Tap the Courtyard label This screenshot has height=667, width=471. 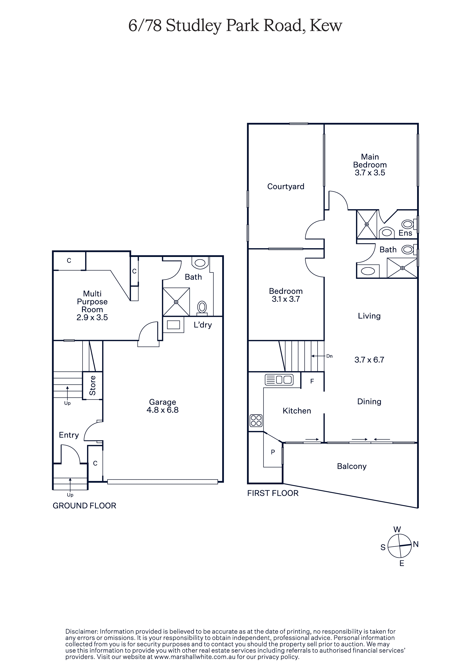tap(286, 187)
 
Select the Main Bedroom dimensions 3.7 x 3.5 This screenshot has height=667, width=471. tap(370, 173)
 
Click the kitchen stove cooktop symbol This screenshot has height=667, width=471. tap(256, 420)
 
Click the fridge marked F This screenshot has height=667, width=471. tap(312, 381)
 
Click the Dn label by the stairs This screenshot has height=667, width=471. tap(329, 356)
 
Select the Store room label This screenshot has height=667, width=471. tap(93, 386)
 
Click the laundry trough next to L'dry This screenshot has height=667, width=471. tap(173, 324)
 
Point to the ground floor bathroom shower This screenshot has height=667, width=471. tap(176, 302)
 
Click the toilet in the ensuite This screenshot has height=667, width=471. tap(408, 224)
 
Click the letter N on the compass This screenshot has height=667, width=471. tap(416, 544)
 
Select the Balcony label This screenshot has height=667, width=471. tap(352, 466)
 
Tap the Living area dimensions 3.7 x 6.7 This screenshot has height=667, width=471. tap(369, 360)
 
